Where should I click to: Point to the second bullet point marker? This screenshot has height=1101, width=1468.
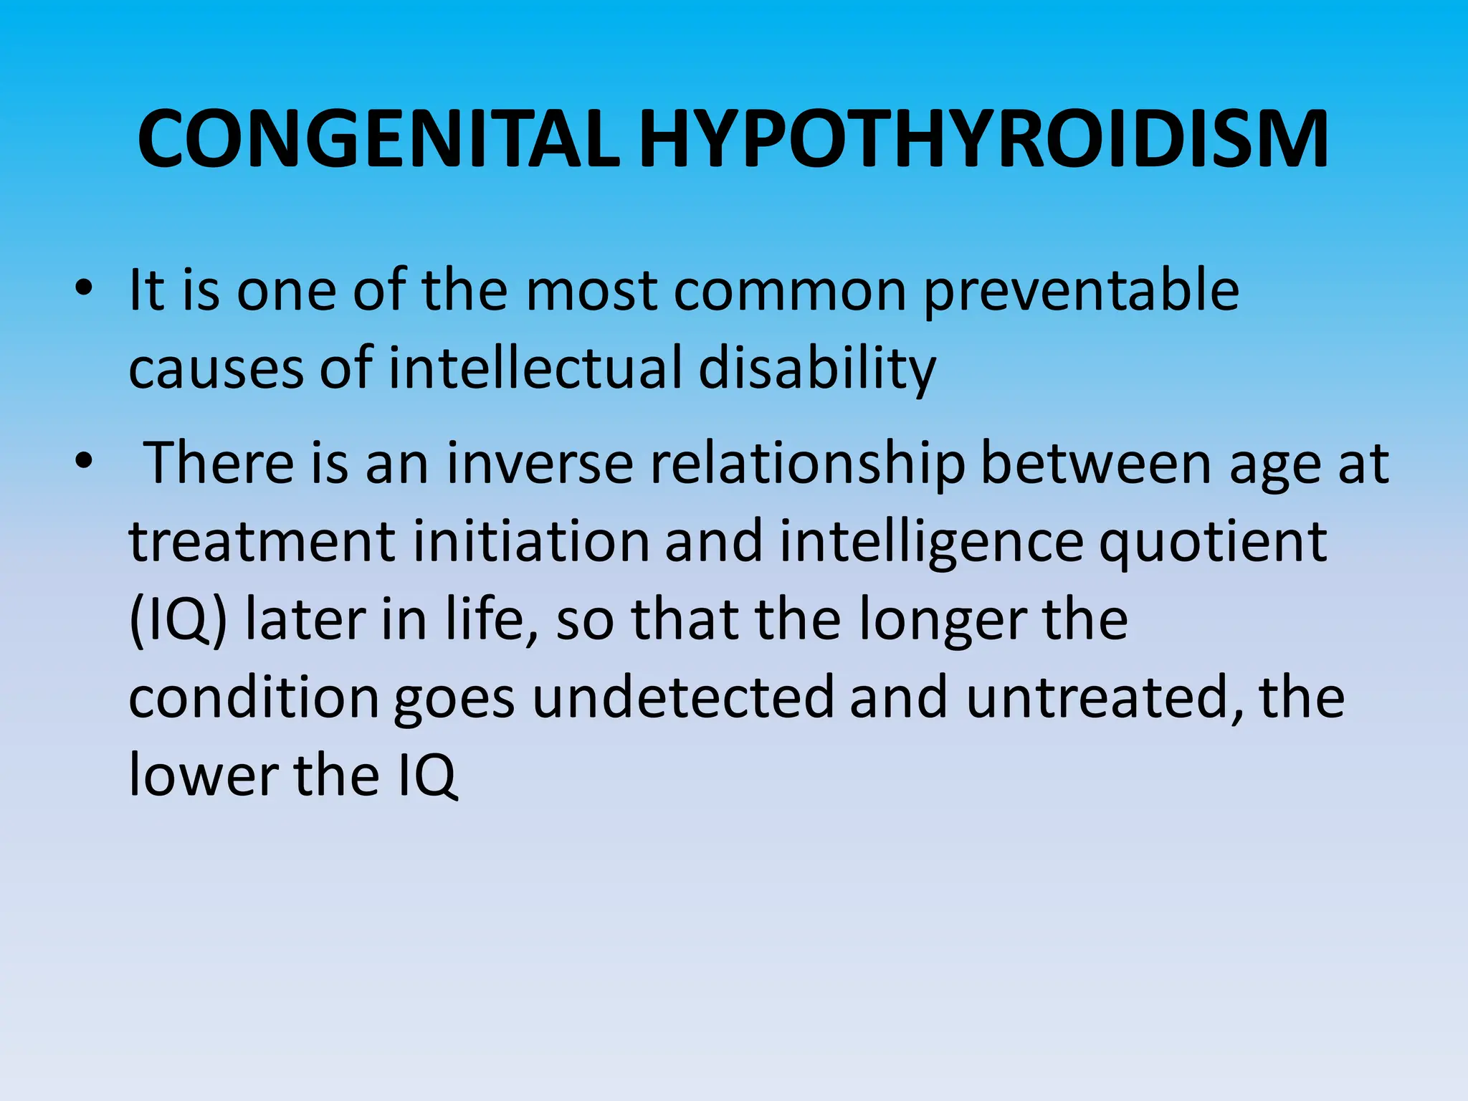[84, 462]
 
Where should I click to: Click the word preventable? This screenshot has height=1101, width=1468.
[1082, 292]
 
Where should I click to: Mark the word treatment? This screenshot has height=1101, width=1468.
[262, 542]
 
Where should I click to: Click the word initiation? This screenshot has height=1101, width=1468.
[530, 540]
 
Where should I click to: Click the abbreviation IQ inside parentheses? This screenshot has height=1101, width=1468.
[178, 621]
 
